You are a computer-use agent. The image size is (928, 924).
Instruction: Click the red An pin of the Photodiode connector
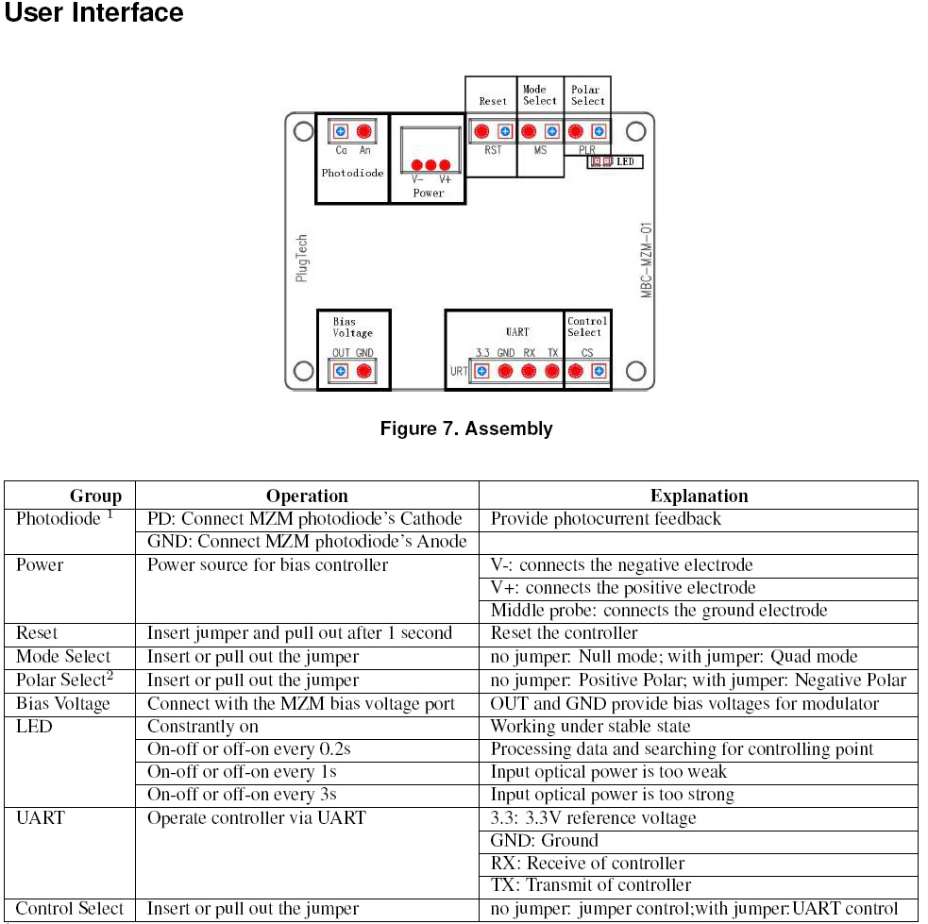click(x=364, y=131)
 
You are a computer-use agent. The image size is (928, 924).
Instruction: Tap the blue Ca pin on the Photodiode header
click(x=340, y=131)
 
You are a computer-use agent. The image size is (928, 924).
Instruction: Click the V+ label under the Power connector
click(x=446, y=178)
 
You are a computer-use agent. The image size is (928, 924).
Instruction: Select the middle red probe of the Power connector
click(x=430, y=165)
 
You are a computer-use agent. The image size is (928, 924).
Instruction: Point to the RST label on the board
click(x=493, y=150)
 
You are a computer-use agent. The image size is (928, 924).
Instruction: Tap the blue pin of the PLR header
click(x=599, y=130)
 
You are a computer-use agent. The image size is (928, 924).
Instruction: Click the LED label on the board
click(x=624, y=162)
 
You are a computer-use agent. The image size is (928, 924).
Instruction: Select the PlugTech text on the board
click(x=301, y=259)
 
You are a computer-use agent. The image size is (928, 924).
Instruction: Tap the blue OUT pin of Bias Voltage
click(x=340, y=371)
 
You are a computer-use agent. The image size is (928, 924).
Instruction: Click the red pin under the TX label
click(x=552, y=371)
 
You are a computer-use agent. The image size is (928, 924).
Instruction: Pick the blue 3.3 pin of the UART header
click(x=481, y=371)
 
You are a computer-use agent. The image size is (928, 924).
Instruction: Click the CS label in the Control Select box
click(x=587, y=353)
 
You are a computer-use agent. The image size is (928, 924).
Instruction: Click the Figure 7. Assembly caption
click(x=465, y=429)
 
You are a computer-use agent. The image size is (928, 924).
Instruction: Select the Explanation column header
click(x=699, y=496)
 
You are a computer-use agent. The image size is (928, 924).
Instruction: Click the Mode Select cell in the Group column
click(x=63, y=657)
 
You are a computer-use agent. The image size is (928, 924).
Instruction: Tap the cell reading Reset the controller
click(x=564, y=633)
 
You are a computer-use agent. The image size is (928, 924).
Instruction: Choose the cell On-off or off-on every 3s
click(x=242, y=795)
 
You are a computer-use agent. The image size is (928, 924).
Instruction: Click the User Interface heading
click(x=94, y=14)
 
